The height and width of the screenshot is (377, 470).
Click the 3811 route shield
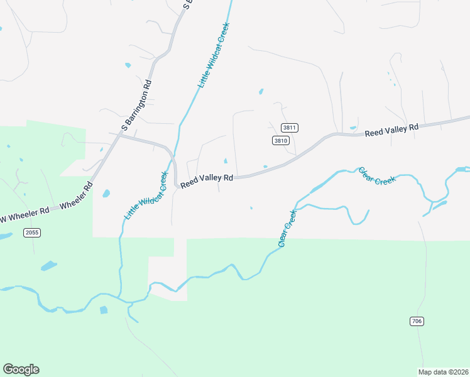click(289, 128)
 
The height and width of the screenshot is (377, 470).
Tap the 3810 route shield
click(280, 141)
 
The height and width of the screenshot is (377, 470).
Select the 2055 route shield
click(32, 233)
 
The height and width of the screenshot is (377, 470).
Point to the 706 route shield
click(417, 321)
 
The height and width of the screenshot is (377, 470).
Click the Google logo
click(21, 369)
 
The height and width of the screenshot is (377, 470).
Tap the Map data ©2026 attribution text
click(444, 372)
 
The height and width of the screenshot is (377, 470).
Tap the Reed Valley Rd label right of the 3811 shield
click(391, 130)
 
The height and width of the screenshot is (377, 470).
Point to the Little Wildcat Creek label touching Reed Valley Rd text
click(146, 195)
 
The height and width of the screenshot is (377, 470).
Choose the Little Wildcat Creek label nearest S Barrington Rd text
click(213, 55)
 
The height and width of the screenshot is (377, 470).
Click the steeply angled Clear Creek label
click(287, 228)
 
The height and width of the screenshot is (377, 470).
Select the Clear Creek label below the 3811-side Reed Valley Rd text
click(378, 175)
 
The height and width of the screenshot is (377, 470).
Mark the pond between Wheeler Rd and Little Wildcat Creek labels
click(106, 194)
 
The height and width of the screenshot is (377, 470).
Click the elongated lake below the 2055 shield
click(49, 266)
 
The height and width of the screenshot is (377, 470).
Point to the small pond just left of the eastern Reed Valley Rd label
click(354, 128)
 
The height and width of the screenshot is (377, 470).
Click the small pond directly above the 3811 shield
click(261, 92)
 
